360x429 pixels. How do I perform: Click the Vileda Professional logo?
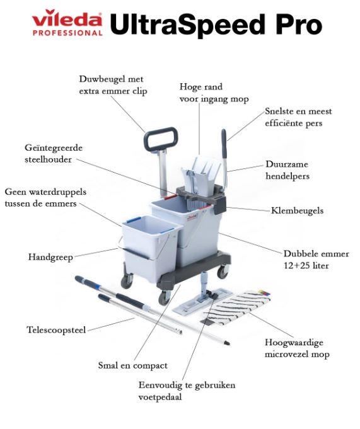coord(67,23)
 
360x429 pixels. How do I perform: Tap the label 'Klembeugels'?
coord(297,210)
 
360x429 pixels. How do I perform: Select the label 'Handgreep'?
coord(50,257)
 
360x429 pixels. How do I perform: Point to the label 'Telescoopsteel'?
coord(56,329)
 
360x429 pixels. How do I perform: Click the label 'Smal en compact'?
coord(133,365)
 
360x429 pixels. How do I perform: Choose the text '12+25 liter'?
coord(306,266)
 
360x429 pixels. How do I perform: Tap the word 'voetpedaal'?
coord(160,397)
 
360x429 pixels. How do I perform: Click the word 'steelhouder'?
coord(48,159)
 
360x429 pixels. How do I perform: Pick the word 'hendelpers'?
coord(287,176)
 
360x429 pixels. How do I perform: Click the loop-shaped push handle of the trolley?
coord(161,139)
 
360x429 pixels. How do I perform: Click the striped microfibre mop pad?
coord(237,308)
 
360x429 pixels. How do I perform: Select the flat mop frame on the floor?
coord(202,300)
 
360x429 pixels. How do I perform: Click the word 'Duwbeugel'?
coord(100,79)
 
